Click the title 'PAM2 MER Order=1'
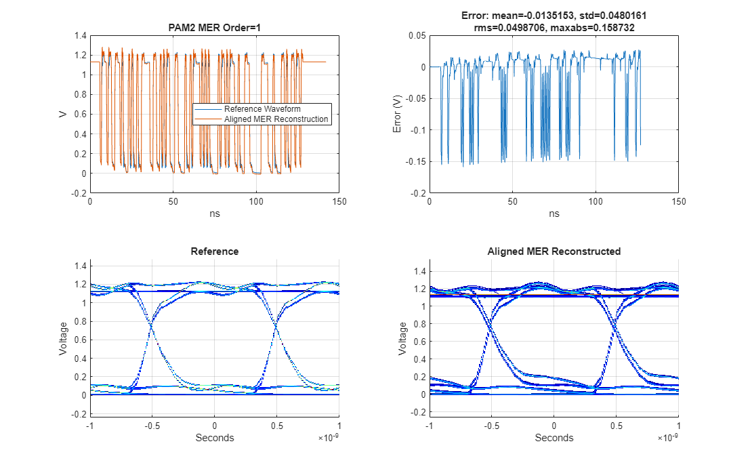[214, 28]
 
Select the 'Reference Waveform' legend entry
[262, 109]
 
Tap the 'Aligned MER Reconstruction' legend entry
[276, 119]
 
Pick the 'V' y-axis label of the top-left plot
[62, 114]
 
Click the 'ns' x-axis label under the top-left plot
[214, 213]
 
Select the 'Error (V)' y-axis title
[397, 114]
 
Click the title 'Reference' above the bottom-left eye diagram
[214, 251]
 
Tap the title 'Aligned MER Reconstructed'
[554, 251]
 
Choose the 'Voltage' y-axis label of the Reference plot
[62, 338]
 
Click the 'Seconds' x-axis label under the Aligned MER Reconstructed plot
[554, 438]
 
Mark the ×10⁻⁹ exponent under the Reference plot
[329, 439]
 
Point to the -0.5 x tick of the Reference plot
[152, 426]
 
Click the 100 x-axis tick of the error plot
[596, 202]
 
